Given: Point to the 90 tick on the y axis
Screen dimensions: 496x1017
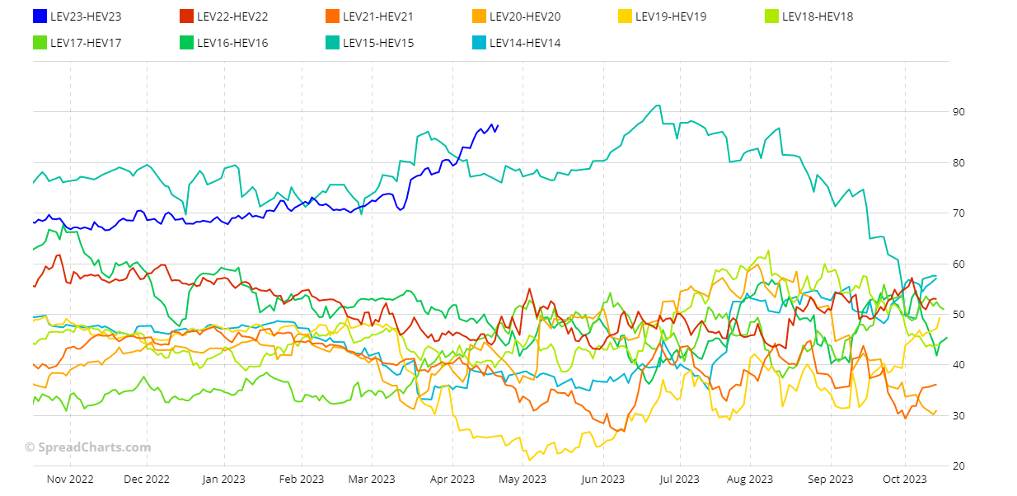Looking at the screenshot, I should pyautogui.click(x=958, y=112).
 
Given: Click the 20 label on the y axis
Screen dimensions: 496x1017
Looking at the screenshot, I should pyautogui.click(x=958, y=466).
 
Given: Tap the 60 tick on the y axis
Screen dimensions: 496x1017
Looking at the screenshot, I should pyautogui.click(x=958, y=264).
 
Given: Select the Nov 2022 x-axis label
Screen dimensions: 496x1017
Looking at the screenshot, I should pyautogui.click(x=71, y=479).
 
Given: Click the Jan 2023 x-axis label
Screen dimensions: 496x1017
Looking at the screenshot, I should pyautogui.click(x=223, y=479).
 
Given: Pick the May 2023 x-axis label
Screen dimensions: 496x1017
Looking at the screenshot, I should pyautogui.click(x=523, y=479).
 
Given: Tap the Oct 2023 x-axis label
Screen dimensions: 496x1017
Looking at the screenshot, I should pyautogui.click(x=905, y=479).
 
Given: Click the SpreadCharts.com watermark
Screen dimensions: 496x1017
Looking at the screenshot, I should pyautogui.click(x=88, y=447).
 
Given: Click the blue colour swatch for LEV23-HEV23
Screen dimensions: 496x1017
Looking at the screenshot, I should pyautogui.click(x=40, y=16).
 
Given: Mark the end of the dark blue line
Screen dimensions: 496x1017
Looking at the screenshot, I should pyautogui.click(x=498, y=126).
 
